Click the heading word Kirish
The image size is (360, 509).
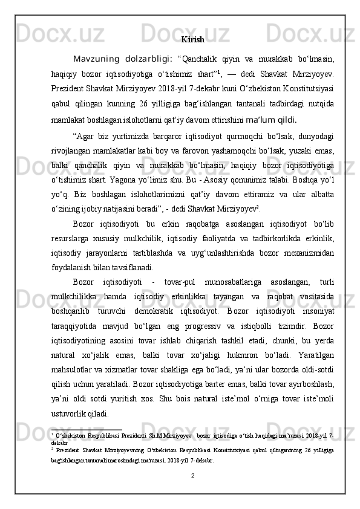pos(192,40)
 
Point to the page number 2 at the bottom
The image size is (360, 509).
pos(192,492)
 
